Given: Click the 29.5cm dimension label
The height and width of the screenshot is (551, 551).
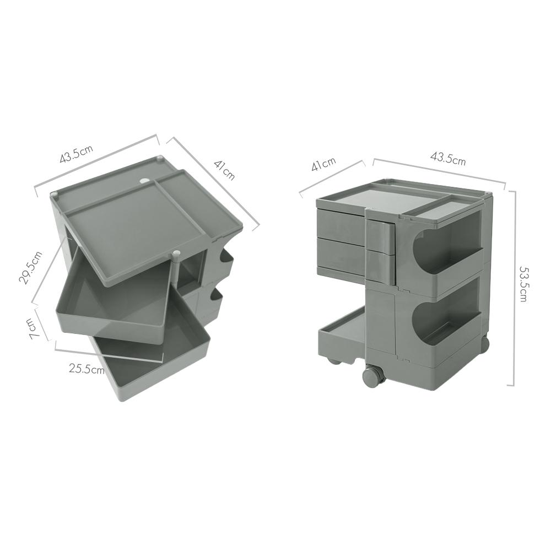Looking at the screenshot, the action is [x=30, y=267].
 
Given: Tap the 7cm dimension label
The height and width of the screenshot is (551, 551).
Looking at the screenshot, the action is [x=34, y=329].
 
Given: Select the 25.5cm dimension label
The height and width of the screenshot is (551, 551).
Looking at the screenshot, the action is [x=87, y=369].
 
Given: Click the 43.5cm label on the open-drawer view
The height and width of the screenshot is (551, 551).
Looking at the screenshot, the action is [x=76, y=154].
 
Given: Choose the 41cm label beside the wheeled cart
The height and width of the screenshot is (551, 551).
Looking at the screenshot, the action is [x=323, y=164].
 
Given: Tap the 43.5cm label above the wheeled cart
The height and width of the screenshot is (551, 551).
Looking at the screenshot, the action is [x=448, y=158].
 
